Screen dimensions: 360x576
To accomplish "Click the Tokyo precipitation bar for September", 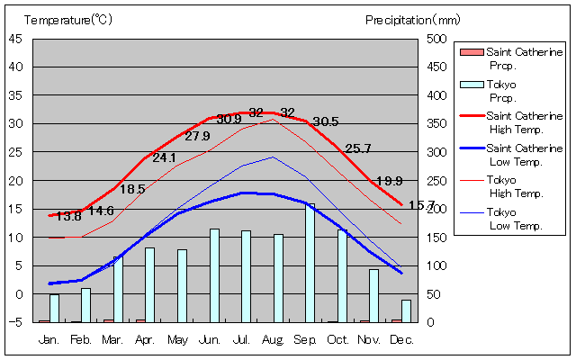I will [x=310, y=263].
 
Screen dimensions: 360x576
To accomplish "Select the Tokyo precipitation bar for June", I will [x=214, y=275].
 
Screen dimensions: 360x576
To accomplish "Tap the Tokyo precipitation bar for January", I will [x=54, y=308].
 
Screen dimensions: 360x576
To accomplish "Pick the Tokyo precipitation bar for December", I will [x=406, y=310].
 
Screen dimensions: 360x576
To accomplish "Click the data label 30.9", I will [x=229, y=119].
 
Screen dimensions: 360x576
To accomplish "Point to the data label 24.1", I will [x=165, y=157].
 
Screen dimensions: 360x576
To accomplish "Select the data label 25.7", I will [x=358, y=148].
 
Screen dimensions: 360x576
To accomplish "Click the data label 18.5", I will [x=132, y=190].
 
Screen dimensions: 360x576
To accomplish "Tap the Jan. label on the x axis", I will [x=49, y=339].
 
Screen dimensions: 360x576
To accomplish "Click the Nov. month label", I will [x=370, y=339].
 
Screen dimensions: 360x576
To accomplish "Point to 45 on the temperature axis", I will [x=16, y=39].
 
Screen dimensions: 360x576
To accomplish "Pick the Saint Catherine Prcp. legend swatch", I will [x=471, y=52].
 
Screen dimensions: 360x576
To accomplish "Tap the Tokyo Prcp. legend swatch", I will [x=471, y=84].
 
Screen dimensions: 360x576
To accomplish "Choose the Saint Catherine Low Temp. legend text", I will [x=524, y=154].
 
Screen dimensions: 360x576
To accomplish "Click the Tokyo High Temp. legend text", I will [x=515, y=186].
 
